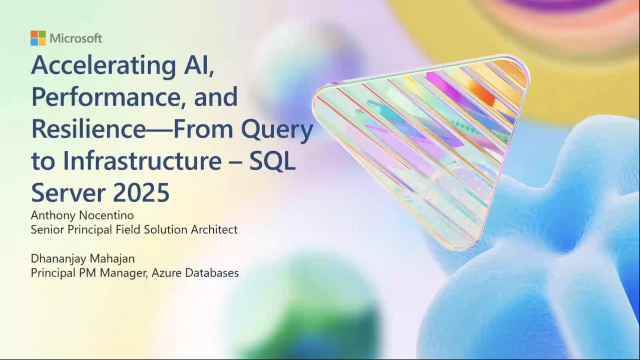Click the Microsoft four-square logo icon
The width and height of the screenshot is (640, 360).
click(38, 38)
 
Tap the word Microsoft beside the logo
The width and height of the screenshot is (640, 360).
click(76, 38)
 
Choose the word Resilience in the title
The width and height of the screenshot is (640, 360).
click(88, 129)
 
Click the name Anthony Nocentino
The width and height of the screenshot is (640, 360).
click(82, 215)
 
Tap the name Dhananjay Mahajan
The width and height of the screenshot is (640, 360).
click(83, 258)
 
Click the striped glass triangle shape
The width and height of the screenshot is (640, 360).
click(425, 135)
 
